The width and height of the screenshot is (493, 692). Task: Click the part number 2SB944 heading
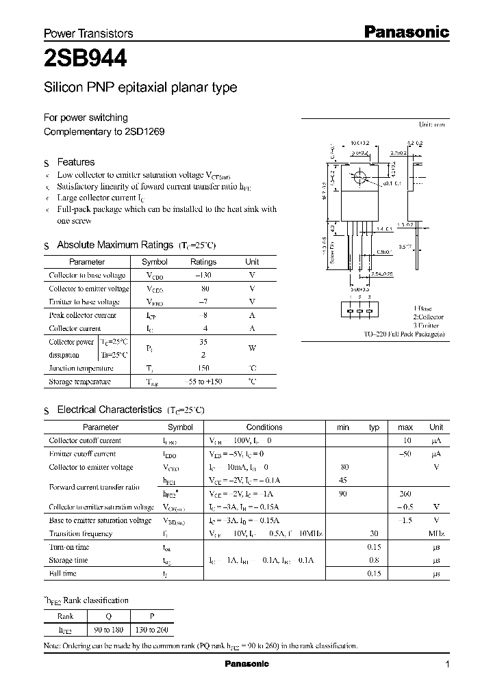click(85, 59)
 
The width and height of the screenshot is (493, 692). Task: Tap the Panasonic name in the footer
click(246, 664)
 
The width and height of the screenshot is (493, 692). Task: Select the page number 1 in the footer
click(447, 665)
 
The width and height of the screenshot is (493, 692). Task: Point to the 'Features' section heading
click(75, 162)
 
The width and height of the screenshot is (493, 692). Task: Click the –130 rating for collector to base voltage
click(203, 275)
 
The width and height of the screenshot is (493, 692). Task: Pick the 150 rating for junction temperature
click(203, 368)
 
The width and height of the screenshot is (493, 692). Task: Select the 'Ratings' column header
click(203, 262)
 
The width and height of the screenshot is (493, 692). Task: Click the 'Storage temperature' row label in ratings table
click(79, 382)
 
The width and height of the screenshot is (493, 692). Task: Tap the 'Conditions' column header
click(264, 427)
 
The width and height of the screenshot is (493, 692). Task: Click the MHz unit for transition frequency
click(436, 533)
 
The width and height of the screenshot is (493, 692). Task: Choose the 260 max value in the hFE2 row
click(405, 494)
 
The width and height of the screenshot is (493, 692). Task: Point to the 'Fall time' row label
click(63, 574)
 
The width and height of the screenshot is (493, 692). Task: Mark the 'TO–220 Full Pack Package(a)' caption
click(404, 334)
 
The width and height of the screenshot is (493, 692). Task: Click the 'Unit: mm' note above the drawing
click(432, 125)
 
